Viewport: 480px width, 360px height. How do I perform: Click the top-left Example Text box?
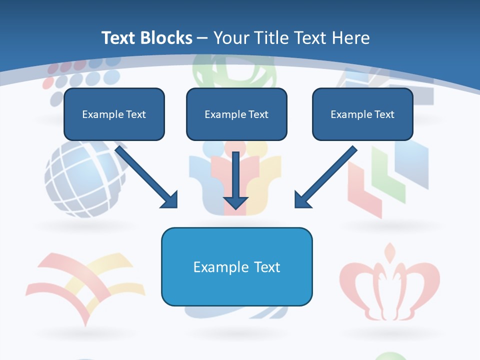point(114,114)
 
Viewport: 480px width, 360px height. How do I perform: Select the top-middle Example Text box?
point(236,114)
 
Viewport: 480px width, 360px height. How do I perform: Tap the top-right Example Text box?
point(362,114)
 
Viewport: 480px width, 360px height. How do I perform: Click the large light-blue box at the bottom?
point(236,266)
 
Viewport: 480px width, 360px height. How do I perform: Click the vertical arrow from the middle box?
point(235,175)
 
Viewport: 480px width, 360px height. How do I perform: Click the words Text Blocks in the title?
point(146,38)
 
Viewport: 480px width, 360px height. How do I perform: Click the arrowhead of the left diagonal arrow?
point(170,200)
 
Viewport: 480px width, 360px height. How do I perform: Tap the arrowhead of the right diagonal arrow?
point(302,200)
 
